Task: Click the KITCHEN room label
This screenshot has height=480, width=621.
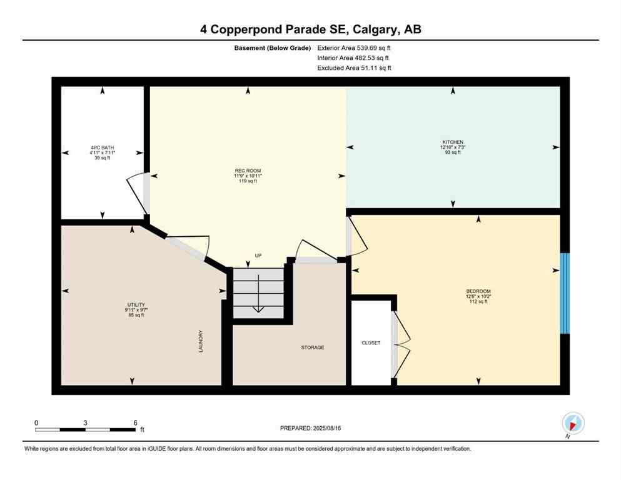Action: (x=453, y=142)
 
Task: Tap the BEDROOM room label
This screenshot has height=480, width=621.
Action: (x=478, y=291)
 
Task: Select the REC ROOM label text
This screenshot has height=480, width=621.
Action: (x=248, y=171)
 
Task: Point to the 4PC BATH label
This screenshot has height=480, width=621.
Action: (x=103, y=147)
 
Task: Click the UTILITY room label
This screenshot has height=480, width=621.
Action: (x=136, y=304)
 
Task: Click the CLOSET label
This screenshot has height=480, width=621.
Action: (x=371, y=343)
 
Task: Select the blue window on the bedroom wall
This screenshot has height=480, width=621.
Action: (x=565, y=293)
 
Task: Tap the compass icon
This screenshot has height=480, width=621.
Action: (x=573, y=424)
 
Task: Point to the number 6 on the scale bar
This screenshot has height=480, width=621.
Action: (x=135, y=422)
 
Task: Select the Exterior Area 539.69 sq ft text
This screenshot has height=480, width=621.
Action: (x=356, y=47)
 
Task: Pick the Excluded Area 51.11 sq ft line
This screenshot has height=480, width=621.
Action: (x=355, y=68)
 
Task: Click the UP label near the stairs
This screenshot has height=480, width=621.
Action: (x=258, y=256)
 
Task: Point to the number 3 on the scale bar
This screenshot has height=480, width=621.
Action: (x=84, y=422)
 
